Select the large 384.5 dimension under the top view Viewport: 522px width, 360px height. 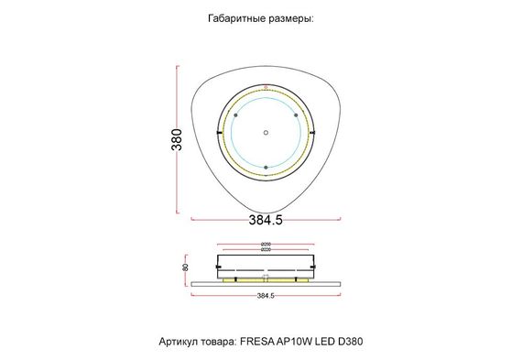(x=266, y=221)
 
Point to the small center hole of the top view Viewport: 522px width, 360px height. (x=266, y=131)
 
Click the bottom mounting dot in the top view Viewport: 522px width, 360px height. (x=266, y=167)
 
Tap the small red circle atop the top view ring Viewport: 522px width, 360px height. (x=266, y=88)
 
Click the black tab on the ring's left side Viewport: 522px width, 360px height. (x=218, y=133)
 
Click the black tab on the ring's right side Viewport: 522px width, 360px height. (x=313, y=133)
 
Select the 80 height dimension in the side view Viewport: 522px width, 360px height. (x=186, y=267)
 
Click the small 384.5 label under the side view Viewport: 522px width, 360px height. (x=266, y=296)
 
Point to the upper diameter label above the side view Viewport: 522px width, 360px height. (x=266, y=243)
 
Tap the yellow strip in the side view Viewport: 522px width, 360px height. (x=266, y=281)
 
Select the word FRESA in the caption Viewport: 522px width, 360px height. (x=256, y=340)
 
